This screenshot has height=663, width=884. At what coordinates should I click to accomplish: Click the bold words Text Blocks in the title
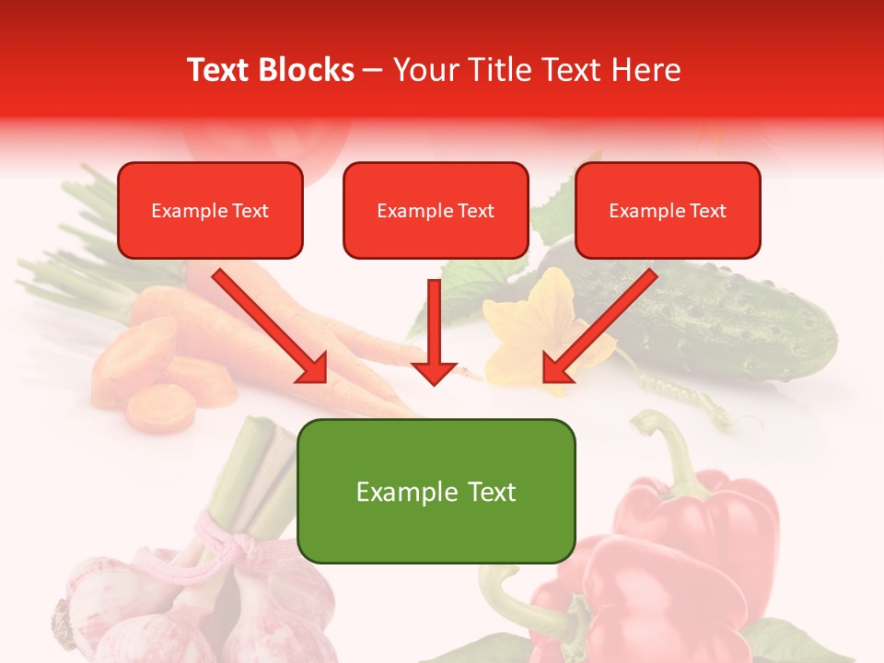[271, 70]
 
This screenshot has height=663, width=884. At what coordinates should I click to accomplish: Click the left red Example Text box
[210, 211]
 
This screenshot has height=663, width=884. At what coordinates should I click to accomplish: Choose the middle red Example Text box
[436, 211]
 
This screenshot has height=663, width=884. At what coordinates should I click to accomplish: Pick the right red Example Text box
[668, 211]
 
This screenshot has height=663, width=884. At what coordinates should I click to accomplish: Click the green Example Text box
[436, 492]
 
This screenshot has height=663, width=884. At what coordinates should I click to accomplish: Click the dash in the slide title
[373, 70]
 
